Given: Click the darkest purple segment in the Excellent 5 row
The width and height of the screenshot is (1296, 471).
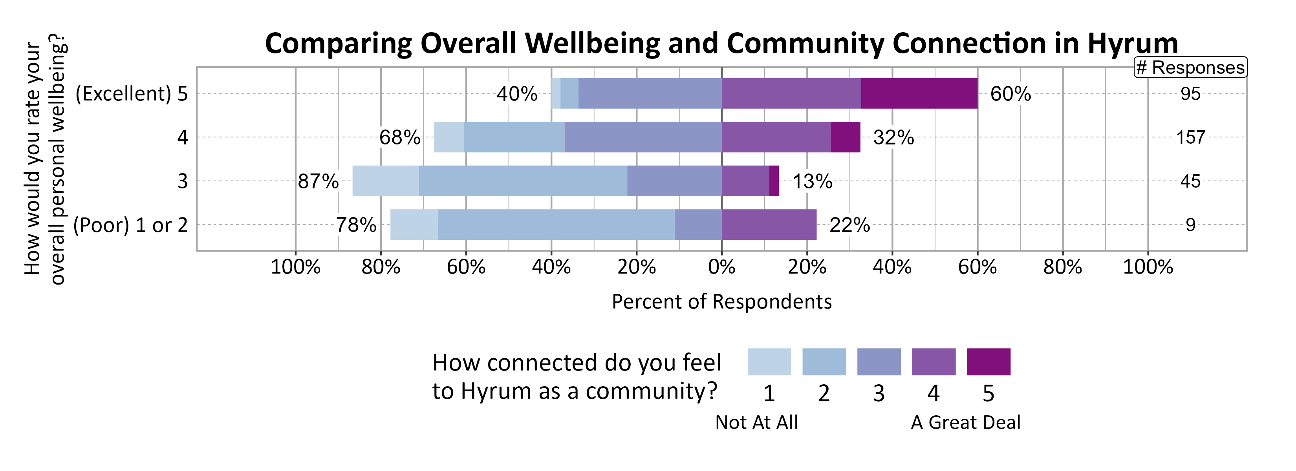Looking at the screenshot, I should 919,93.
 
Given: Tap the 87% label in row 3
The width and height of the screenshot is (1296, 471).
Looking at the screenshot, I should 318,181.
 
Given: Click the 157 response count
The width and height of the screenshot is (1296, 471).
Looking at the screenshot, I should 1190,137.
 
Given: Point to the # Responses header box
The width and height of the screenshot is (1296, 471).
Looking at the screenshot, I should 1190,68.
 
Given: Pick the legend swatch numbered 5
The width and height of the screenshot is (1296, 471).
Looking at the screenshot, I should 988,362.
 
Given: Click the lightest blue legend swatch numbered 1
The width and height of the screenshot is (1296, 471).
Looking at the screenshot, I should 769,362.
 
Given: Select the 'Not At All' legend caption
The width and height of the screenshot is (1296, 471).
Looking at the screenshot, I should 756,422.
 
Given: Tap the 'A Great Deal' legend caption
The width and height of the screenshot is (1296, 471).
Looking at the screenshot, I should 965,422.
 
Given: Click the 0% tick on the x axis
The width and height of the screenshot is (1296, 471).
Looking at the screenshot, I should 721,267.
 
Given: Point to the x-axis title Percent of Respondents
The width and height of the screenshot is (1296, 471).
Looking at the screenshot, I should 721,301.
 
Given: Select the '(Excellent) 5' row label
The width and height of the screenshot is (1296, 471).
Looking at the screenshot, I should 131,94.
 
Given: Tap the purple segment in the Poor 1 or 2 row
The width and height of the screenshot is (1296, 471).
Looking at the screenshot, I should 769,225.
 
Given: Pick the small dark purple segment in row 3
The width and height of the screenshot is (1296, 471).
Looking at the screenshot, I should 774,181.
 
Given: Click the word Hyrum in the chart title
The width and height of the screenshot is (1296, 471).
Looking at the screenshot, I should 1133,43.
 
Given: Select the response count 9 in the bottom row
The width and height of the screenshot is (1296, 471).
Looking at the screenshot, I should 1190,225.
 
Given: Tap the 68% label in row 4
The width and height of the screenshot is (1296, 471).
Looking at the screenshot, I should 399,137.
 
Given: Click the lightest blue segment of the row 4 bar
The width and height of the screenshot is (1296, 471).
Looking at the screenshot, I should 449,137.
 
